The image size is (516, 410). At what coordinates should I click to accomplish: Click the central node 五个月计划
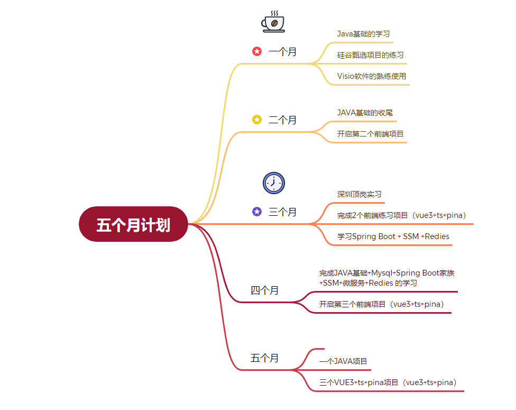[133, 224]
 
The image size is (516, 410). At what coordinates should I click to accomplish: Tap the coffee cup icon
[273, 22]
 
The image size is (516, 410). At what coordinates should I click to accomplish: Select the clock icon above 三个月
[273, 183]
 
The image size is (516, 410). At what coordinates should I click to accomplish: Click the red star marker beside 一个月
[257, 51]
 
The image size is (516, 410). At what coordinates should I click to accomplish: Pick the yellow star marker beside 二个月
[257, 120]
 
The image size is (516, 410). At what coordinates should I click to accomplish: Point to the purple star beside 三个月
[257, 212]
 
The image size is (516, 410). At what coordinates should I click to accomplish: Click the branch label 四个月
[264, 290]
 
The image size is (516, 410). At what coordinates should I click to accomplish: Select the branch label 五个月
[264, 358]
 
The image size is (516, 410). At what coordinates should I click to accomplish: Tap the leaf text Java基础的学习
[363, 34]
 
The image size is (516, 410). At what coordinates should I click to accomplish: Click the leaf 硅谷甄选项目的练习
[371, 55]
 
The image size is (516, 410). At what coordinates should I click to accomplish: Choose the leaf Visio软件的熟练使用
[372, 76]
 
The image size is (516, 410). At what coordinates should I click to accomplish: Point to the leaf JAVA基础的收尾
[365, 113]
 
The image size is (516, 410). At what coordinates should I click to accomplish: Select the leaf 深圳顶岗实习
[360, 194]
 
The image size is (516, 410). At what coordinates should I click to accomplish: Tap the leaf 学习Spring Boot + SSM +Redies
[393, 236]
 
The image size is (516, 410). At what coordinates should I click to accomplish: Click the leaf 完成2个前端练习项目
[401, 215]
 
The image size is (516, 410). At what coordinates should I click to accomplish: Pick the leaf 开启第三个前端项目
[381, 304]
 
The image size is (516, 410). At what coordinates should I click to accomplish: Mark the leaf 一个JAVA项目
[344, 362]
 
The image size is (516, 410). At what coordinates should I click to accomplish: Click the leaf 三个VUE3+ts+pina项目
[388, 382]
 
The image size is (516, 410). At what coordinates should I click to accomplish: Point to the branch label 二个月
[283, 120]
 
